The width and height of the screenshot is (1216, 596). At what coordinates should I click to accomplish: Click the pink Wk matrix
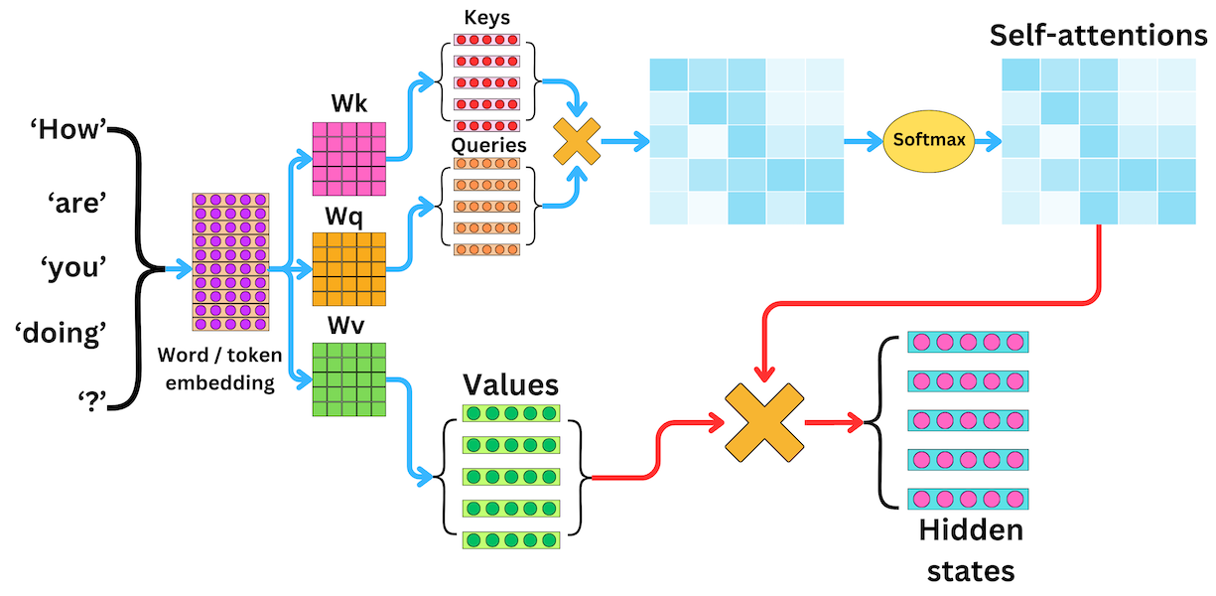(x=349, y=159)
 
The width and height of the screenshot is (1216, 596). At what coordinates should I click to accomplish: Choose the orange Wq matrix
(x=349, y=268)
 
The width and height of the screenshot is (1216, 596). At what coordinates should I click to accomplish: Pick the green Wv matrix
(x=349, y=378)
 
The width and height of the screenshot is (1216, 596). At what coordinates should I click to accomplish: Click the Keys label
(x=486, y=19)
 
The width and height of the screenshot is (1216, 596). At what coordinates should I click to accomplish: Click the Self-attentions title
(x=1098, y=36)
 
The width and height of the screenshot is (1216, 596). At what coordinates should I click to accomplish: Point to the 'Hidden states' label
(x=971, y=550)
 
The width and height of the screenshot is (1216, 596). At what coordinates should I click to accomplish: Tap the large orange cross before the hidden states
(x=764, y=422)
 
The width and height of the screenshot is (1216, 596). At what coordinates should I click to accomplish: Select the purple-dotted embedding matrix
(x=231, y=262)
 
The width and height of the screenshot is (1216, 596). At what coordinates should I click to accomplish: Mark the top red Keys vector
(x=486, y=41)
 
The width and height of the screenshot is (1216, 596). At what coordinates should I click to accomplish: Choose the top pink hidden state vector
(x=969, y=342)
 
